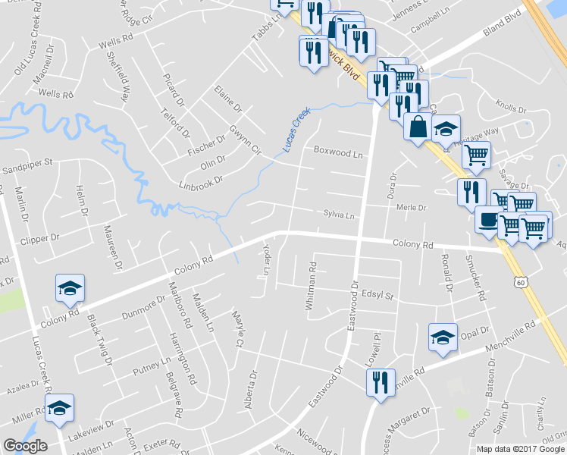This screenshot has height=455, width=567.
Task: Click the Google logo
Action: click(x=25, y=447)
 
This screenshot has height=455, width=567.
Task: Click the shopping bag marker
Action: click(x=418, y=127)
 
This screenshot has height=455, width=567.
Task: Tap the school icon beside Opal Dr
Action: click(x=443, y=337)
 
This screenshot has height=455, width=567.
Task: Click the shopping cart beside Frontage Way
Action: click(x=475, y=155)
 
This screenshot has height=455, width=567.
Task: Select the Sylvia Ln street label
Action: click(x=339, y=215)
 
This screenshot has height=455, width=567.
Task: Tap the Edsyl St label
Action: click(x=378, y=294)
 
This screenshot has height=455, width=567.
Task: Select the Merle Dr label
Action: click(x=412, y=207)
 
